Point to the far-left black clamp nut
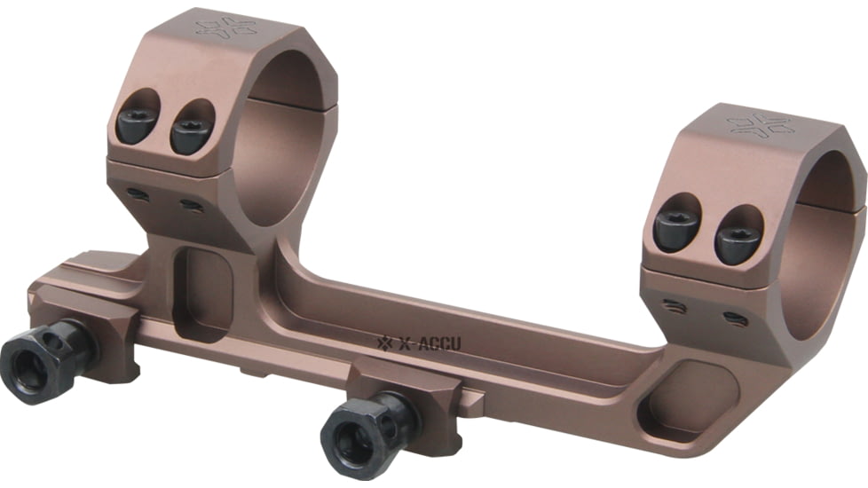click(x=37, y=363)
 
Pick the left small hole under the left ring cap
click(x=135, y=193)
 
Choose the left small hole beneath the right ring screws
click(x=672, y=305)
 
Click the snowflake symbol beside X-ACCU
click(x=385, y=342)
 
